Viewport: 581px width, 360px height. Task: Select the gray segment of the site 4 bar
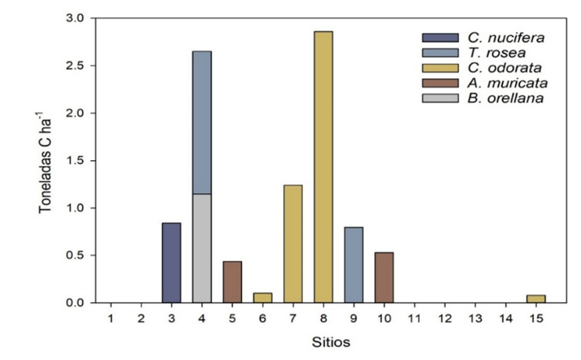click(x=201, y=248)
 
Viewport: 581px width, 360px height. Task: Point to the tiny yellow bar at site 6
click(x=262, y=298)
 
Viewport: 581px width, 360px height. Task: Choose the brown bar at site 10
click(x=383, y=277)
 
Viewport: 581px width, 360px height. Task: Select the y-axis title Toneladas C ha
click(x=47, y=160)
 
